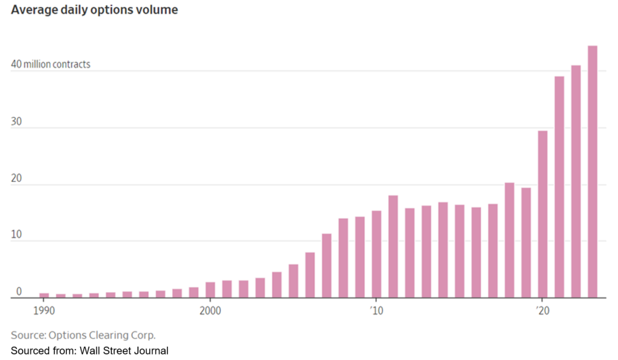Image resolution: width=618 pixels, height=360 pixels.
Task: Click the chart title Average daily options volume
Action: [94, 10]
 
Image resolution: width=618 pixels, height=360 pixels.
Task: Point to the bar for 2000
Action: [210, 290]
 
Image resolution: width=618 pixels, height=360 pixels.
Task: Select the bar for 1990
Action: [44, 295]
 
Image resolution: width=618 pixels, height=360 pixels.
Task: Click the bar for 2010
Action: [376, 254]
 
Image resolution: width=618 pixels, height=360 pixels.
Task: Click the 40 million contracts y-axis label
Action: [51, 64]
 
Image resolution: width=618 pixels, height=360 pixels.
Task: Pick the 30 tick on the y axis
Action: [17, 121]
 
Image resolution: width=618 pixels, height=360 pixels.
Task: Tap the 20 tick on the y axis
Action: [17, 178]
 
